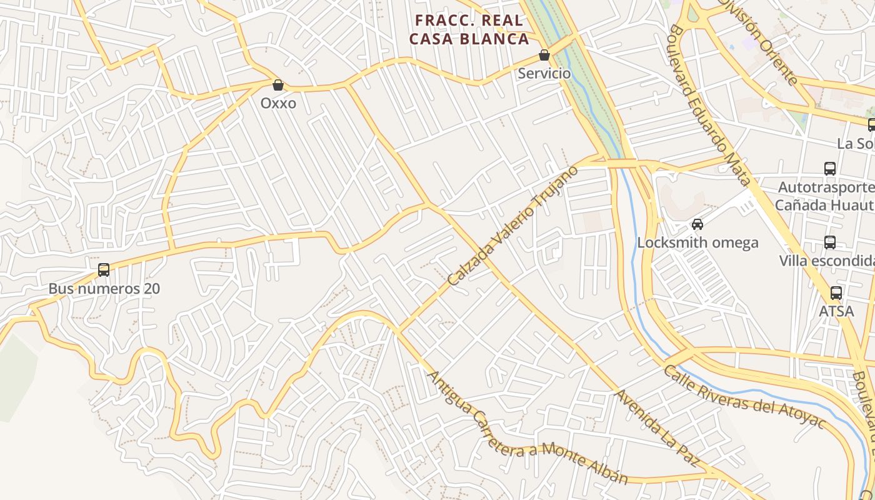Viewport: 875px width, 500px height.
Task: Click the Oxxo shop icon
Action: [278, 85]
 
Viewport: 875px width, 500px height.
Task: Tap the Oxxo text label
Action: [278, 103]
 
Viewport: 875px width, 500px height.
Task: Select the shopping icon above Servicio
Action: [544, 55]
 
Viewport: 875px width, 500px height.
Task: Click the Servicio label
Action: [544, 73]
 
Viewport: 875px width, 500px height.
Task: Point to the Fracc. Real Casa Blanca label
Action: [469, 29]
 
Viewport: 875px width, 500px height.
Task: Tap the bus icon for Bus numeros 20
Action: [104, 270]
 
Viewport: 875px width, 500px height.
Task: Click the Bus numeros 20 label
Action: [104, 289]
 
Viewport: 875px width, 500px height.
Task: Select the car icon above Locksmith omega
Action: [697, 224]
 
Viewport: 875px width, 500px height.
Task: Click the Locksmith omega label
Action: [697, 242]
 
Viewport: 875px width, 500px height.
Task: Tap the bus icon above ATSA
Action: [836, 292]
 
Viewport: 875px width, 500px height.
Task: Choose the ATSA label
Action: [836, 311]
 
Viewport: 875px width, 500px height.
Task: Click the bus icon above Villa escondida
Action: [830, 242]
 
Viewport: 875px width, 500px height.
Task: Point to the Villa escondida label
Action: [826, 261]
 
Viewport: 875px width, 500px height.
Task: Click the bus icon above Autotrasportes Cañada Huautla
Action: [830, 169]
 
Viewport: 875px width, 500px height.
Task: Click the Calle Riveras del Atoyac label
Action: [744, 397]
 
